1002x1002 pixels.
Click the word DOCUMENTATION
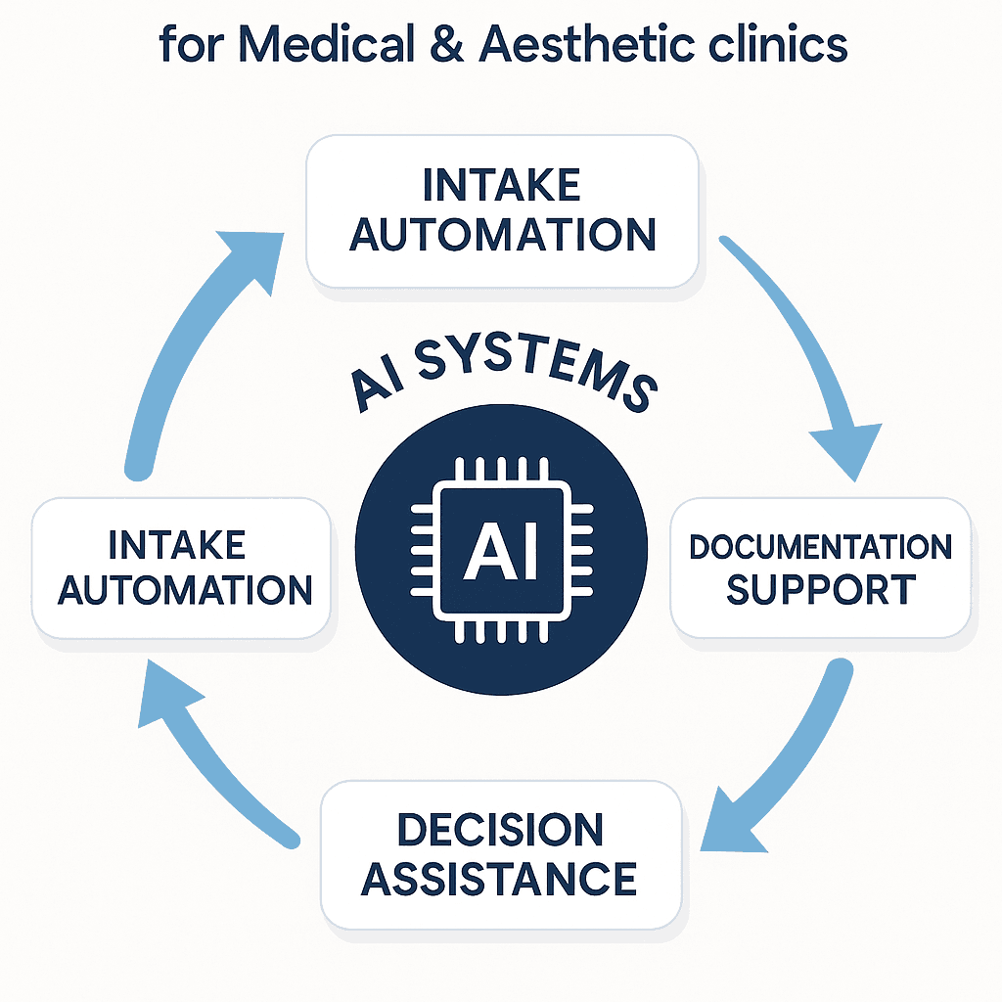[820, 546]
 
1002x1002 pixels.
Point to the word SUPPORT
[820, 591]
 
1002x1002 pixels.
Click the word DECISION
[500, 831]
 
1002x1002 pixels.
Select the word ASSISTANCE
[500, 879]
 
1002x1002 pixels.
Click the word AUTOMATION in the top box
[502, 235]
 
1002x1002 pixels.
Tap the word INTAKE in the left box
[177, 545]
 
